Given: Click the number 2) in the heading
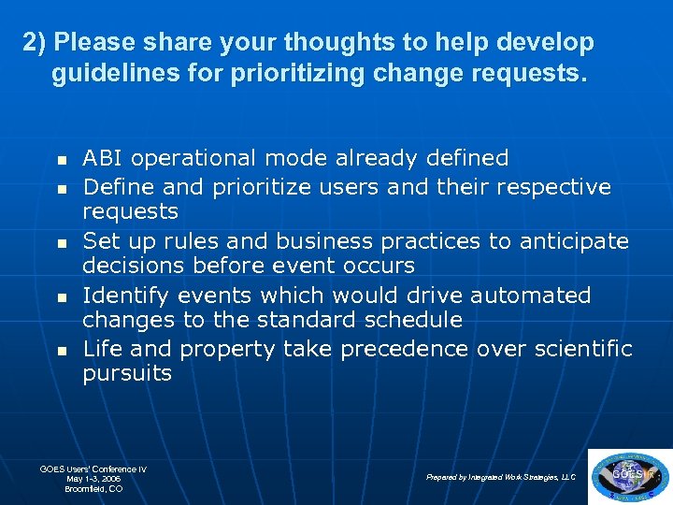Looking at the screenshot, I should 36,43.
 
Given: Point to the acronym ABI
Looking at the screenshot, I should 101,158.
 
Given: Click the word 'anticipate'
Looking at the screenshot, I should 573,241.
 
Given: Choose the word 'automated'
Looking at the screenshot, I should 530,296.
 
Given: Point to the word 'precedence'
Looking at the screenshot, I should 403,350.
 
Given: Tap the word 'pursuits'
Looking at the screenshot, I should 127,374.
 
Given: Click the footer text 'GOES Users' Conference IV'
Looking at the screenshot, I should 93,469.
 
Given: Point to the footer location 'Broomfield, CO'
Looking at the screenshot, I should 93,489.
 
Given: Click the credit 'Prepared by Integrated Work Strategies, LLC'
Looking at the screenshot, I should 501,477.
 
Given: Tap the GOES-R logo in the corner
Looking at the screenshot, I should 631,475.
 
